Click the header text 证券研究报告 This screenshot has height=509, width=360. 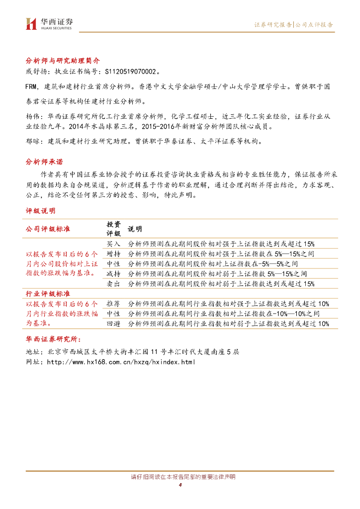pos(273,24)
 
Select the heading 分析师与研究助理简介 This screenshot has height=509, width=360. pos(63,61)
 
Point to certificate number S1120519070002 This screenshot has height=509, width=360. pos(132,72)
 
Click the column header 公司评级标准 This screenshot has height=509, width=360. pos(48,229)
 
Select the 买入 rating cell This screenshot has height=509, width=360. pos(113,244)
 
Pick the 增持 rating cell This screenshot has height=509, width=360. pos(113,254)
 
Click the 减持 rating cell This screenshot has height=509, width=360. pos(113,274)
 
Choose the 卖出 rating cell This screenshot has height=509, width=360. pos(113,284)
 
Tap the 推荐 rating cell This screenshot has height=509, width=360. pos(113,304)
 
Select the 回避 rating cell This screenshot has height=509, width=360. pos(113,324)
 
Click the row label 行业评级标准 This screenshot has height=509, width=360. pos(48,294)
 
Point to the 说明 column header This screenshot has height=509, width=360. pos(135,229)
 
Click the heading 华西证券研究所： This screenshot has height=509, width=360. pos(52,339)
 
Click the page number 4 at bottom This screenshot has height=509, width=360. pos(180,485)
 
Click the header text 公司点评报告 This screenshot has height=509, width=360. pos(314,24)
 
